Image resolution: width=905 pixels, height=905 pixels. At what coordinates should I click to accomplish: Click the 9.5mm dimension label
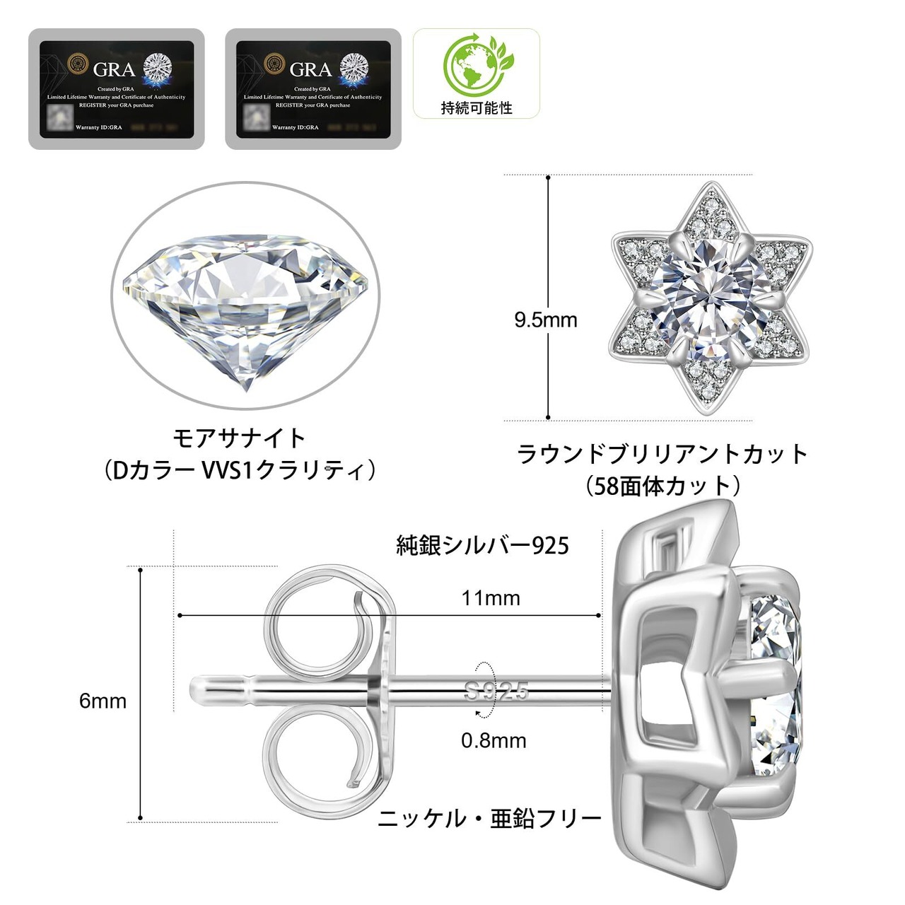pyautogui.click(x=545, y=320)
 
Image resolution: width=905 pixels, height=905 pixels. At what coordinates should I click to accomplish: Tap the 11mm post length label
pyautogui.click(x=491, y=598)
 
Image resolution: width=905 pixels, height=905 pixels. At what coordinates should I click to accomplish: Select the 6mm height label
pyautogui.click(x=103, y=701)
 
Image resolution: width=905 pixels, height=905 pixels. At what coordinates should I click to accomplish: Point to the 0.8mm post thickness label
pyautogui.click(x=494, y=741)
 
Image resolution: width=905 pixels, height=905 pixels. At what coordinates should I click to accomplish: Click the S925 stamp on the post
pyautogui.click(x=496, y=691)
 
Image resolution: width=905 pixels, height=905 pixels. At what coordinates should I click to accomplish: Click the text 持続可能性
pyautogui.click(x=477, y=108)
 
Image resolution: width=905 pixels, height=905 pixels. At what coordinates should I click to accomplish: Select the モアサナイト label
pyautogui.click(x=239, y=438)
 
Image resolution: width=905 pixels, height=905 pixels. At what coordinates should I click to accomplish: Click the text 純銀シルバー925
pyautogui.click(x=482, y=545)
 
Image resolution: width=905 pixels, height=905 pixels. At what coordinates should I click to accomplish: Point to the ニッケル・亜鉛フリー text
pyautogui.click(x=489, y=818)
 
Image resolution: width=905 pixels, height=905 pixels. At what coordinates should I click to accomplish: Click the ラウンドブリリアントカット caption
pyautogui.click(x=662, y=453)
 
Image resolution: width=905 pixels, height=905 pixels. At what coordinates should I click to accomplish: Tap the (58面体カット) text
pyautogui.click(x=662, y=486)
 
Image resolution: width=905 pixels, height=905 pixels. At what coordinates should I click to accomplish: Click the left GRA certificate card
pyautogui.click(x=116, y=88)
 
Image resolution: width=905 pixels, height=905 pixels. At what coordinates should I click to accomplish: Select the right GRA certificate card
pyautogui.click(x=313, y=88)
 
